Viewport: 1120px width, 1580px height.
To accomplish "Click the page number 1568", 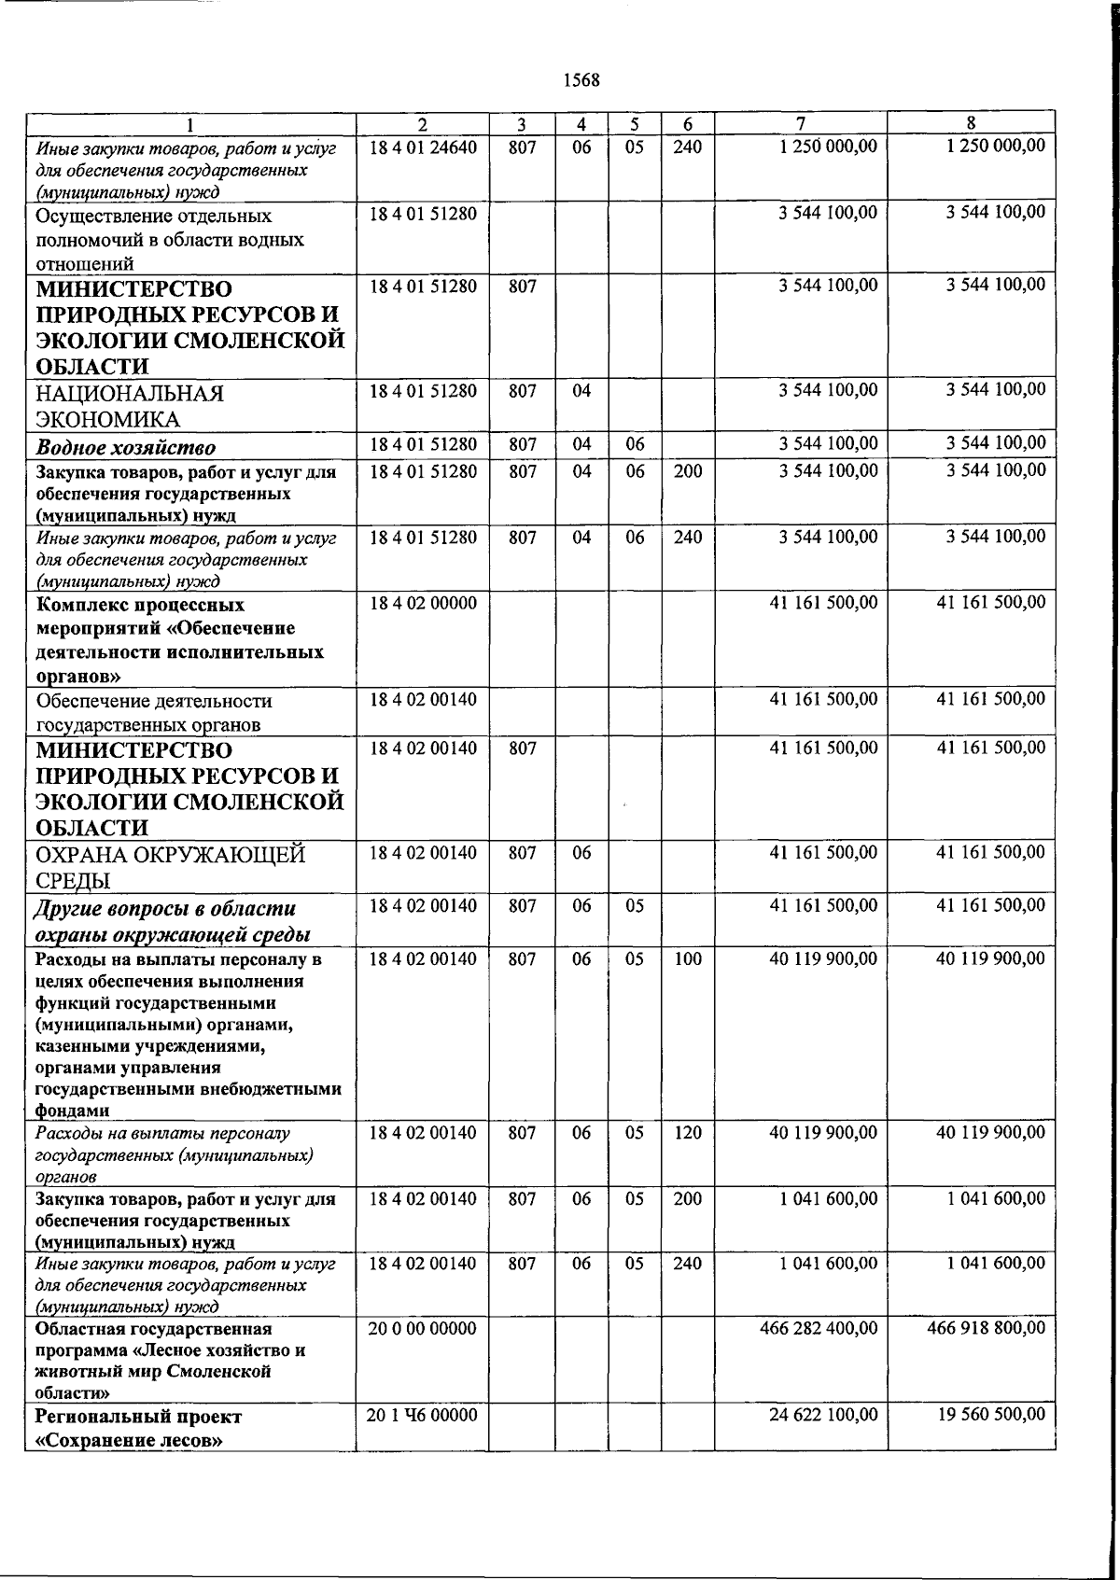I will [581, 80].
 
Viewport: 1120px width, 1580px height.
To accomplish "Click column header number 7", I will [800, 123].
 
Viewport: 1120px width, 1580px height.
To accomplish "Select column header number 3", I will [522, 123].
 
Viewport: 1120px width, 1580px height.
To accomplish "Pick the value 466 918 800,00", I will [987, 1328].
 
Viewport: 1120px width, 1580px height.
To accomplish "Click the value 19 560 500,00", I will [991, 1416].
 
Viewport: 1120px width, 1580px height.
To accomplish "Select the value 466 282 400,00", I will [819, 1328].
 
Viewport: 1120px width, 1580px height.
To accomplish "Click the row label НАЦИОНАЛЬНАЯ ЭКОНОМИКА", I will [130, 406].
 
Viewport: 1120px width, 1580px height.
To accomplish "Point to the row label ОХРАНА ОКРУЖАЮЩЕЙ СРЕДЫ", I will [171, 867].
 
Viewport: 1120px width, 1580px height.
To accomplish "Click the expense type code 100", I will [687, 958].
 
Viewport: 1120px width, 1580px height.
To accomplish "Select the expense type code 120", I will [687, 1133].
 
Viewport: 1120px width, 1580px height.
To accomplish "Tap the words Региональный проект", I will [138, 1417].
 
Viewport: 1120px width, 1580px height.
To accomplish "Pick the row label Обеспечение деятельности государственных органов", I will [154, 712].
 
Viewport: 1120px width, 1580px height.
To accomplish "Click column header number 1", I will [190, 123].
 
